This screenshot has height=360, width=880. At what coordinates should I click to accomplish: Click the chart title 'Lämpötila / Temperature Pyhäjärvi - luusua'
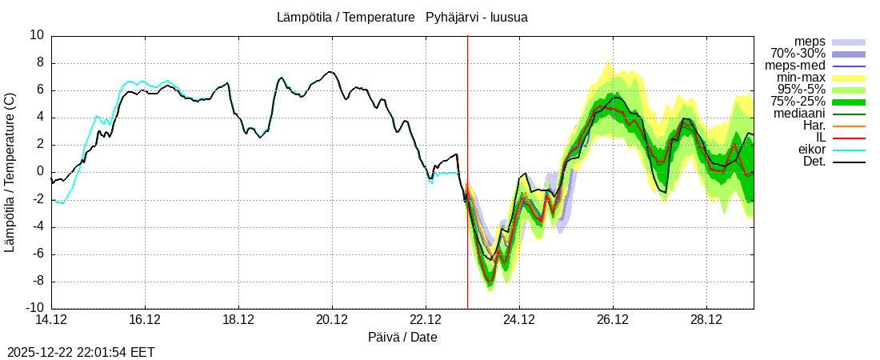402,17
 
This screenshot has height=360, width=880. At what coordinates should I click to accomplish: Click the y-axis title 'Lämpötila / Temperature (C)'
10,172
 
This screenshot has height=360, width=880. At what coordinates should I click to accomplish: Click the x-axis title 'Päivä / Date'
402,337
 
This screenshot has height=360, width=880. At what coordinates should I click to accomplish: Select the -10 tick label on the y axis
34,308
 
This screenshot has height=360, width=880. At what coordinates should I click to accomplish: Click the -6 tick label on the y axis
37,254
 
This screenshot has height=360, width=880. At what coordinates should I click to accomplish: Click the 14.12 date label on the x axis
51,320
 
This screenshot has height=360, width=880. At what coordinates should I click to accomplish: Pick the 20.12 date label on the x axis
332,320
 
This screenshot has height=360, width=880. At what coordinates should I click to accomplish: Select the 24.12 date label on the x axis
519,320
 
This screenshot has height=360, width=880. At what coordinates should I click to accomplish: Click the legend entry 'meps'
810,42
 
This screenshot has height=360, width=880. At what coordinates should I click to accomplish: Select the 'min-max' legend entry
801,78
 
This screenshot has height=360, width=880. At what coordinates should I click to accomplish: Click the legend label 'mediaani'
799,114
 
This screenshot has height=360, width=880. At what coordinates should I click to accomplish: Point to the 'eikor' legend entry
811,150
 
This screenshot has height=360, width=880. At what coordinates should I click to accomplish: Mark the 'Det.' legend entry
813,162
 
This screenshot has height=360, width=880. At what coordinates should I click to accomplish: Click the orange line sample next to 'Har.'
849,126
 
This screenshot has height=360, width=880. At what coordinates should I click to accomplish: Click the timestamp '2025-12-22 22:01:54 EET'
81,352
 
